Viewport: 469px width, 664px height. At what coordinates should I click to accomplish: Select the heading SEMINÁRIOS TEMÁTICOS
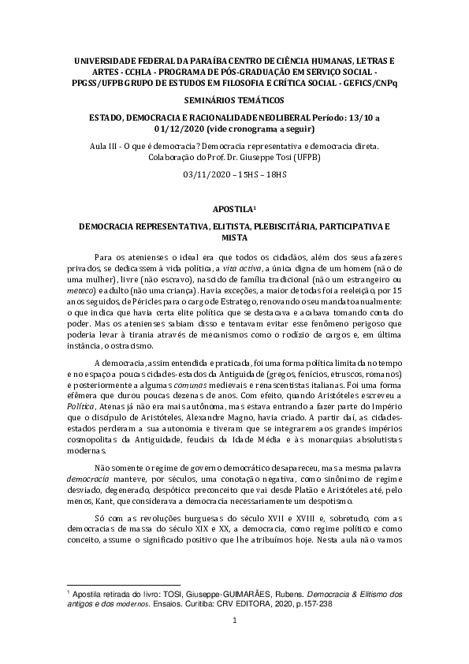click(234, 101)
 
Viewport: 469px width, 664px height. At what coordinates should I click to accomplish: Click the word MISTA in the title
click(234, 237)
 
